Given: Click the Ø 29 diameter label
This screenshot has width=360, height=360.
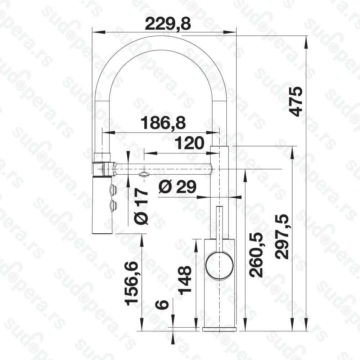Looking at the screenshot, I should (x=177, y=187).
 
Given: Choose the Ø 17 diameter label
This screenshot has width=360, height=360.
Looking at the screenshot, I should (x=142, y=207).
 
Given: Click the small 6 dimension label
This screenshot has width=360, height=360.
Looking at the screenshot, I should (x=162, y=304).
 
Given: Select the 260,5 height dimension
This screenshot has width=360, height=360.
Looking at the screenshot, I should (x=256, y=255).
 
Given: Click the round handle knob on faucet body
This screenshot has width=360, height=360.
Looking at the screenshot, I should (x=219, y=266).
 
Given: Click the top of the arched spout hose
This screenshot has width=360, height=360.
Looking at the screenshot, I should (x=160, y=43).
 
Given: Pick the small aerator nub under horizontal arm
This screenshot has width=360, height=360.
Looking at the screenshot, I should (x=144, y=174).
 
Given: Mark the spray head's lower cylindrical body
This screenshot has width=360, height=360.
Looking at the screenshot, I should (x=102, y=205).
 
